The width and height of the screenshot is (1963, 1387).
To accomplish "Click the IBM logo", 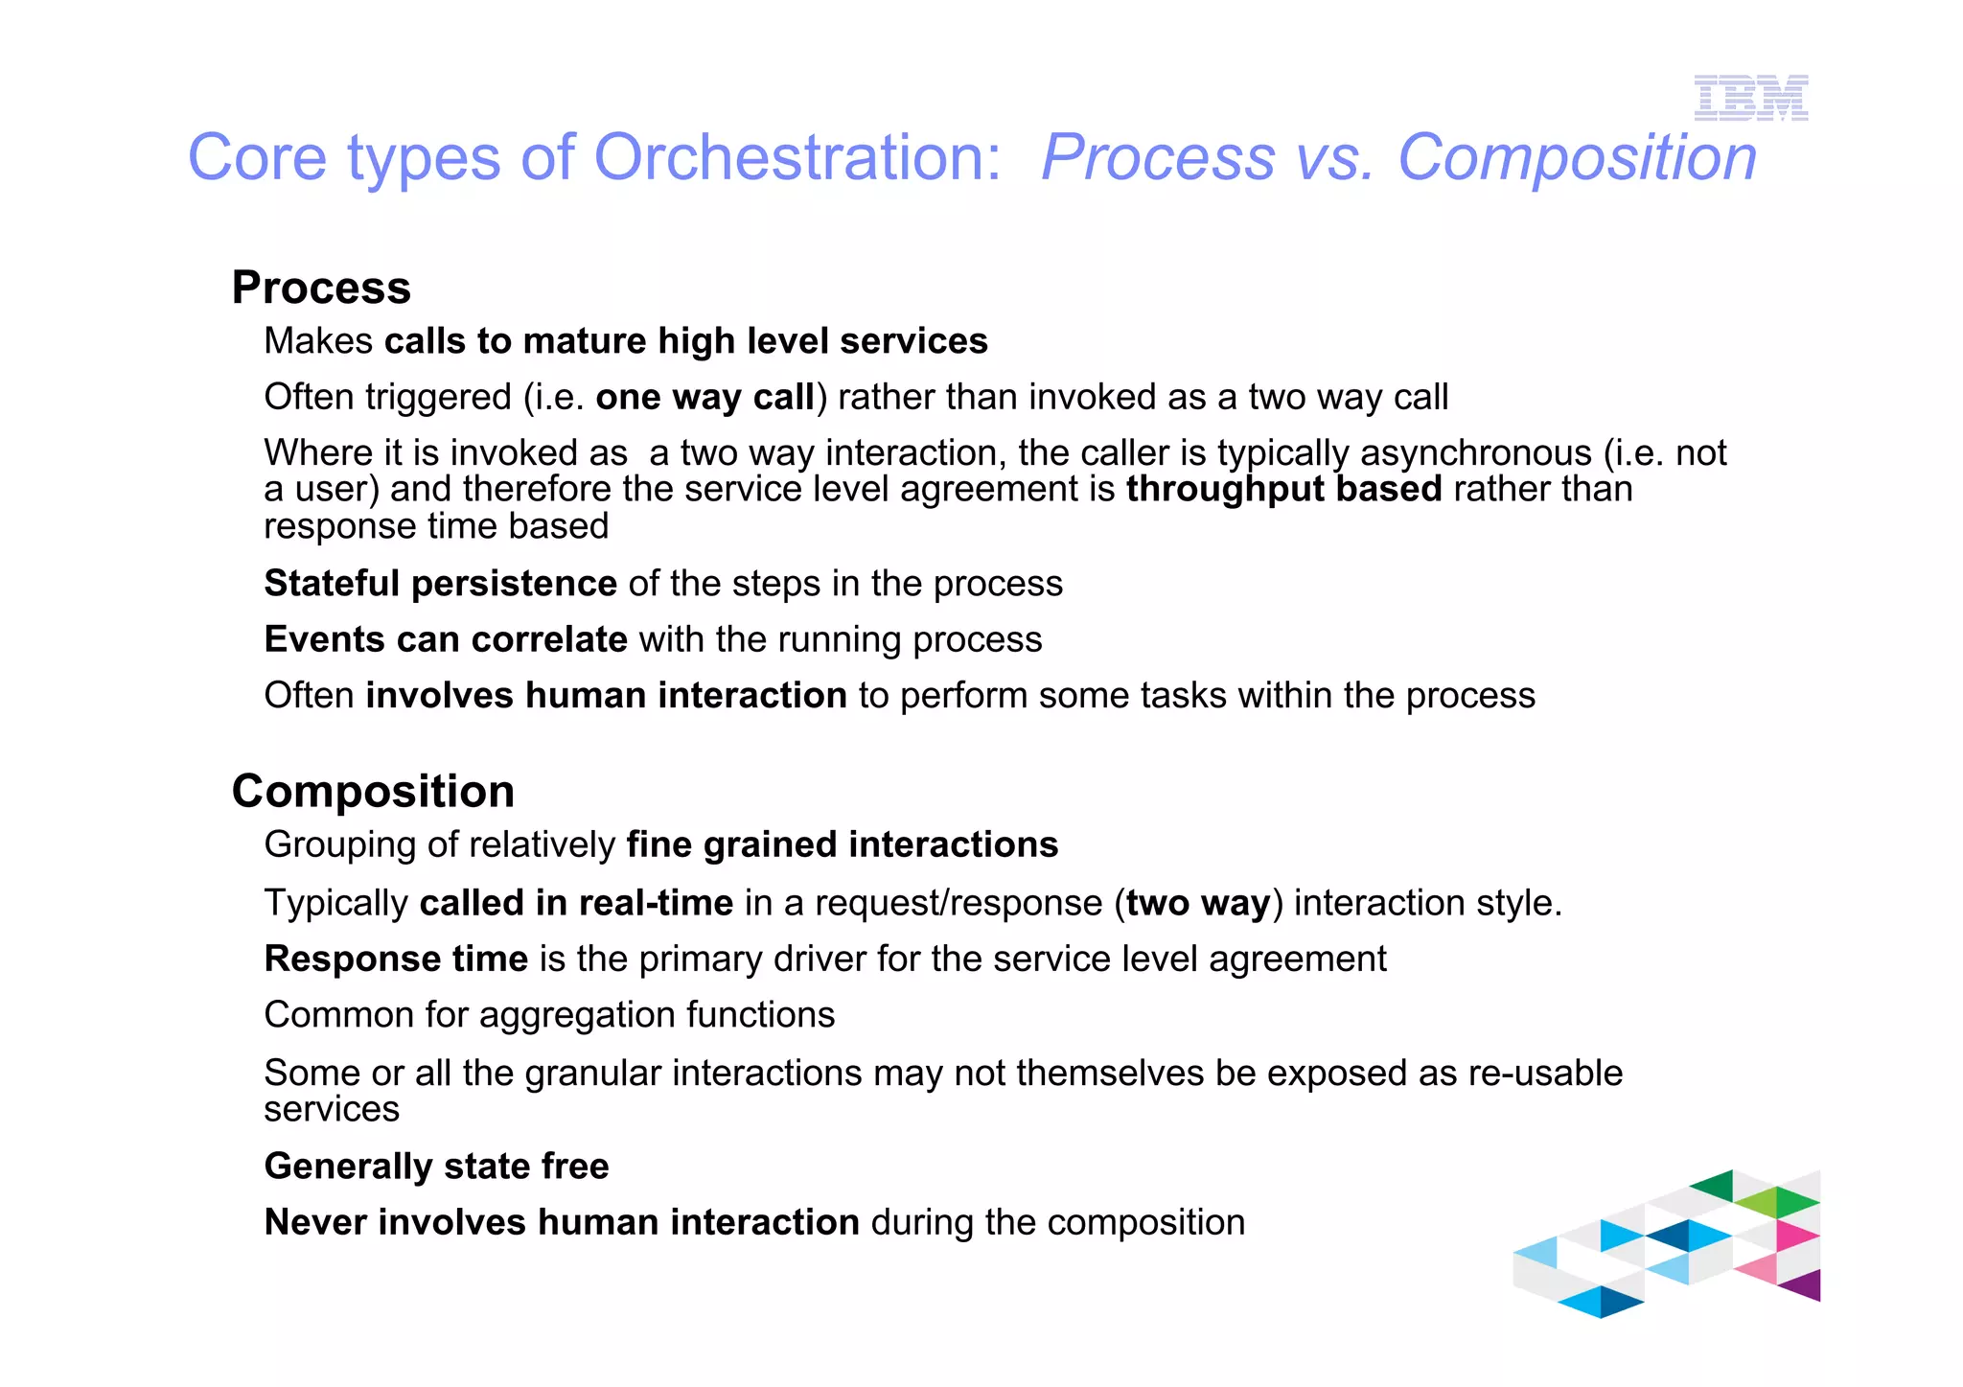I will [1750, 98].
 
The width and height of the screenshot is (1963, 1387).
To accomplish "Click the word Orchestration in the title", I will [797, 157].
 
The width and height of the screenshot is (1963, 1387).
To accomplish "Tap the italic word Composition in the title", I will [1577, 157].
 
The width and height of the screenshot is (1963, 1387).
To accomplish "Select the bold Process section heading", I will [321, 288].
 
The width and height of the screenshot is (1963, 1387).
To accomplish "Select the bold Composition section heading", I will [373, 792].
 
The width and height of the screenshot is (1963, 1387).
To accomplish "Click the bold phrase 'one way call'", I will [704, 397].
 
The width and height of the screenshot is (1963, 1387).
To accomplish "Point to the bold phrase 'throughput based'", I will [1283, 489].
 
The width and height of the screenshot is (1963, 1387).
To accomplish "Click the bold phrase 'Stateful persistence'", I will [440, 584].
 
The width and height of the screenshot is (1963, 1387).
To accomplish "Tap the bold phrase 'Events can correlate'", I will [446, 639].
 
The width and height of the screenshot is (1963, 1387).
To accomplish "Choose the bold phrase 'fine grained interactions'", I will [842, 844].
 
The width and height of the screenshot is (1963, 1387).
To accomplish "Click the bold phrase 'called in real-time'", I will [576, 903].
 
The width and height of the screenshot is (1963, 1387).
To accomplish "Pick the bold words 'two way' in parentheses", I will [1197, 903].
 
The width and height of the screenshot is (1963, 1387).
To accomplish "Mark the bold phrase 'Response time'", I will [396, 959].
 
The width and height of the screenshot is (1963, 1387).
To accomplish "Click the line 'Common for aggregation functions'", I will [549, 1015].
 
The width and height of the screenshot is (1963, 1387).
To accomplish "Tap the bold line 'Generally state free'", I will [436, 1167].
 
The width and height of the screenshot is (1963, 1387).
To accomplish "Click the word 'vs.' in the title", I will [1336, 157].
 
